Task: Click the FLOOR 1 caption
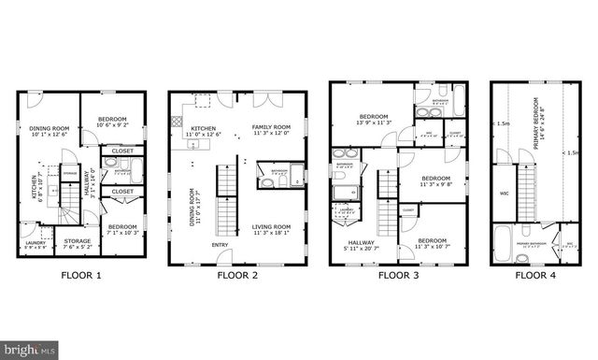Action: (81, 276)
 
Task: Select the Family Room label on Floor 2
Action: (271, 130)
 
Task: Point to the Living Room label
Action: (272, 229)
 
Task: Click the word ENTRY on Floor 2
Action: (220, 245)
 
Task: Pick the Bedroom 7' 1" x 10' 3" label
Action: (121, 229)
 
